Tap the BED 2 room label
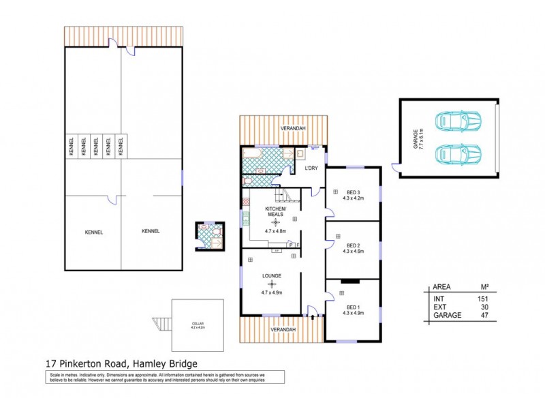[x=352, y=245]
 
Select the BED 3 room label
[x=352, y=191]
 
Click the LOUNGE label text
[x=271, y=276]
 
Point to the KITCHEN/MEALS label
[x=275, y=210]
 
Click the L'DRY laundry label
[x=311, y=168]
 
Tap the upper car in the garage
[x=458, y=122]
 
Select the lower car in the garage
[x=458, y=153]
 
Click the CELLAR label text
[x=198, y=323]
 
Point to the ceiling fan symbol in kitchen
[x=275, y=222]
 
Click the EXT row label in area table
[x=440, y=307]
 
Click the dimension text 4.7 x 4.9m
[x=271, y=292]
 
